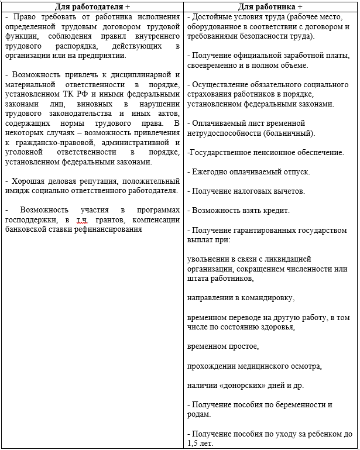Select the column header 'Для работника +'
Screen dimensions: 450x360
(x=270, y=6)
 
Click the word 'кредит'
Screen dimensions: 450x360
(x=275, y=210)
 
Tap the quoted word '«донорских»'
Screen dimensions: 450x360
(x=240, y=386)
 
